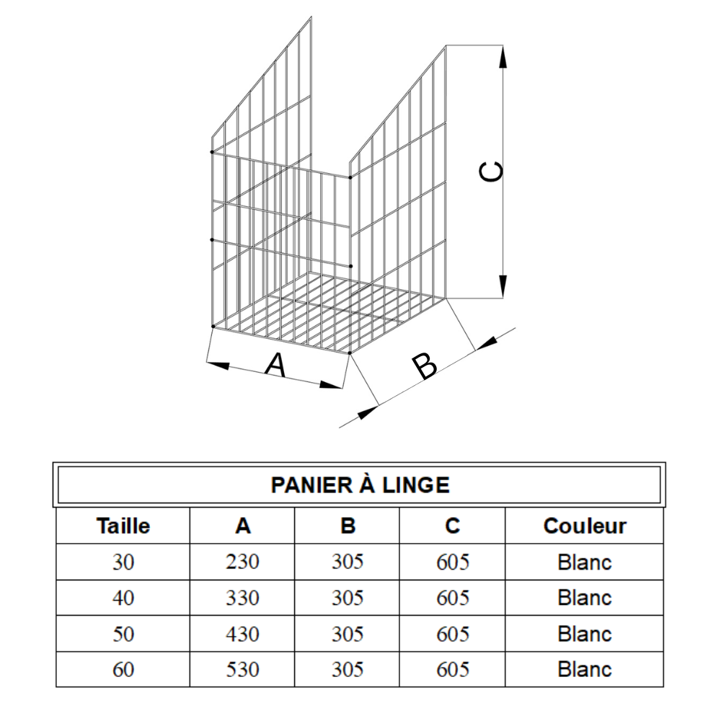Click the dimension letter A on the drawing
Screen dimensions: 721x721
276,365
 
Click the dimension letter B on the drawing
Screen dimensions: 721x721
425,366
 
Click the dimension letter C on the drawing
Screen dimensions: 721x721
491,172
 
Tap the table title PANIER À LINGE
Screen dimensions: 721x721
360,485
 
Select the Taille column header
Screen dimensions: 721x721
123,526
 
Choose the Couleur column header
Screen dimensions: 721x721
585,526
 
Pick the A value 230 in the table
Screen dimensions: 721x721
242,562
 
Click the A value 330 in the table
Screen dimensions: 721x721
242,598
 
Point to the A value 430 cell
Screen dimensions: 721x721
242,634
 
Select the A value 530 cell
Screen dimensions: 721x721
242,670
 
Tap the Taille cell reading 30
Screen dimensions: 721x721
123,562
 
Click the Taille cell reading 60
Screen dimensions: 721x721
123,670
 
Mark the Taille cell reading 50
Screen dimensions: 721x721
123,634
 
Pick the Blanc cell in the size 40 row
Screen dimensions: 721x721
585,598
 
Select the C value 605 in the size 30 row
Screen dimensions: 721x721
453,562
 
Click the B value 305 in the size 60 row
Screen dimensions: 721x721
348,670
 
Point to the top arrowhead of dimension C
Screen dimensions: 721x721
503,57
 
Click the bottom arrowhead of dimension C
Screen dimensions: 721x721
503,286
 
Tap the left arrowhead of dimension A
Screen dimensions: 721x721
218,365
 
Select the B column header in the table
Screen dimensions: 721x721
348,526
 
